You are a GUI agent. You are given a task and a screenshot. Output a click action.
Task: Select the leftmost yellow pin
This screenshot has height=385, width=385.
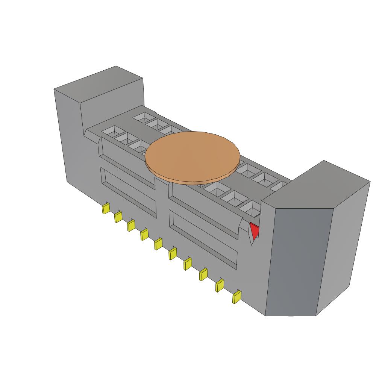(106, 209)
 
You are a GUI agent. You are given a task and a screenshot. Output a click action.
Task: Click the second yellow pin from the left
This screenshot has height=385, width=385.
(118, 217)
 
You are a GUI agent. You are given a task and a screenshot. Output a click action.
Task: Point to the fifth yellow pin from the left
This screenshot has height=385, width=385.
(158, 244)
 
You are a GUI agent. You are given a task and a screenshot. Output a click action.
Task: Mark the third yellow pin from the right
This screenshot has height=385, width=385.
(203, 275)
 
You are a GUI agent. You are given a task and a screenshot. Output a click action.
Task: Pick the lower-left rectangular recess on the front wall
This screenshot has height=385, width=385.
(128, 192)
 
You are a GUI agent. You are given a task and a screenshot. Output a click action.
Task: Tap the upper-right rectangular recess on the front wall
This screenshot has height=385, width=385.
(205, 212)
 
